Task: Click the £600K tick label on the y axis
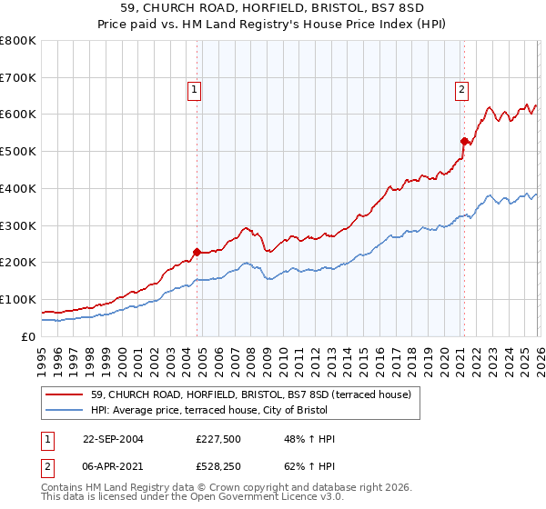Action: coord(18,115)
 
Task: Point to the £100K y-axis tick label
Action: coord(18,299)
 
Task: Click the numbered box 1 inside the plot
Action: coord(195,89)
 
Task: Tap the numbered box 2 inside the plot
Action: coord(462,89)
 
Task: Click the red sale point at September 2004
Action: coord(197,252)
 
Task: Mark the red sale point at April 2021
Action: coord(463,141)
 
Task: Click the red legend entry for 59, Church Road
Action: coord(251,394)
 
